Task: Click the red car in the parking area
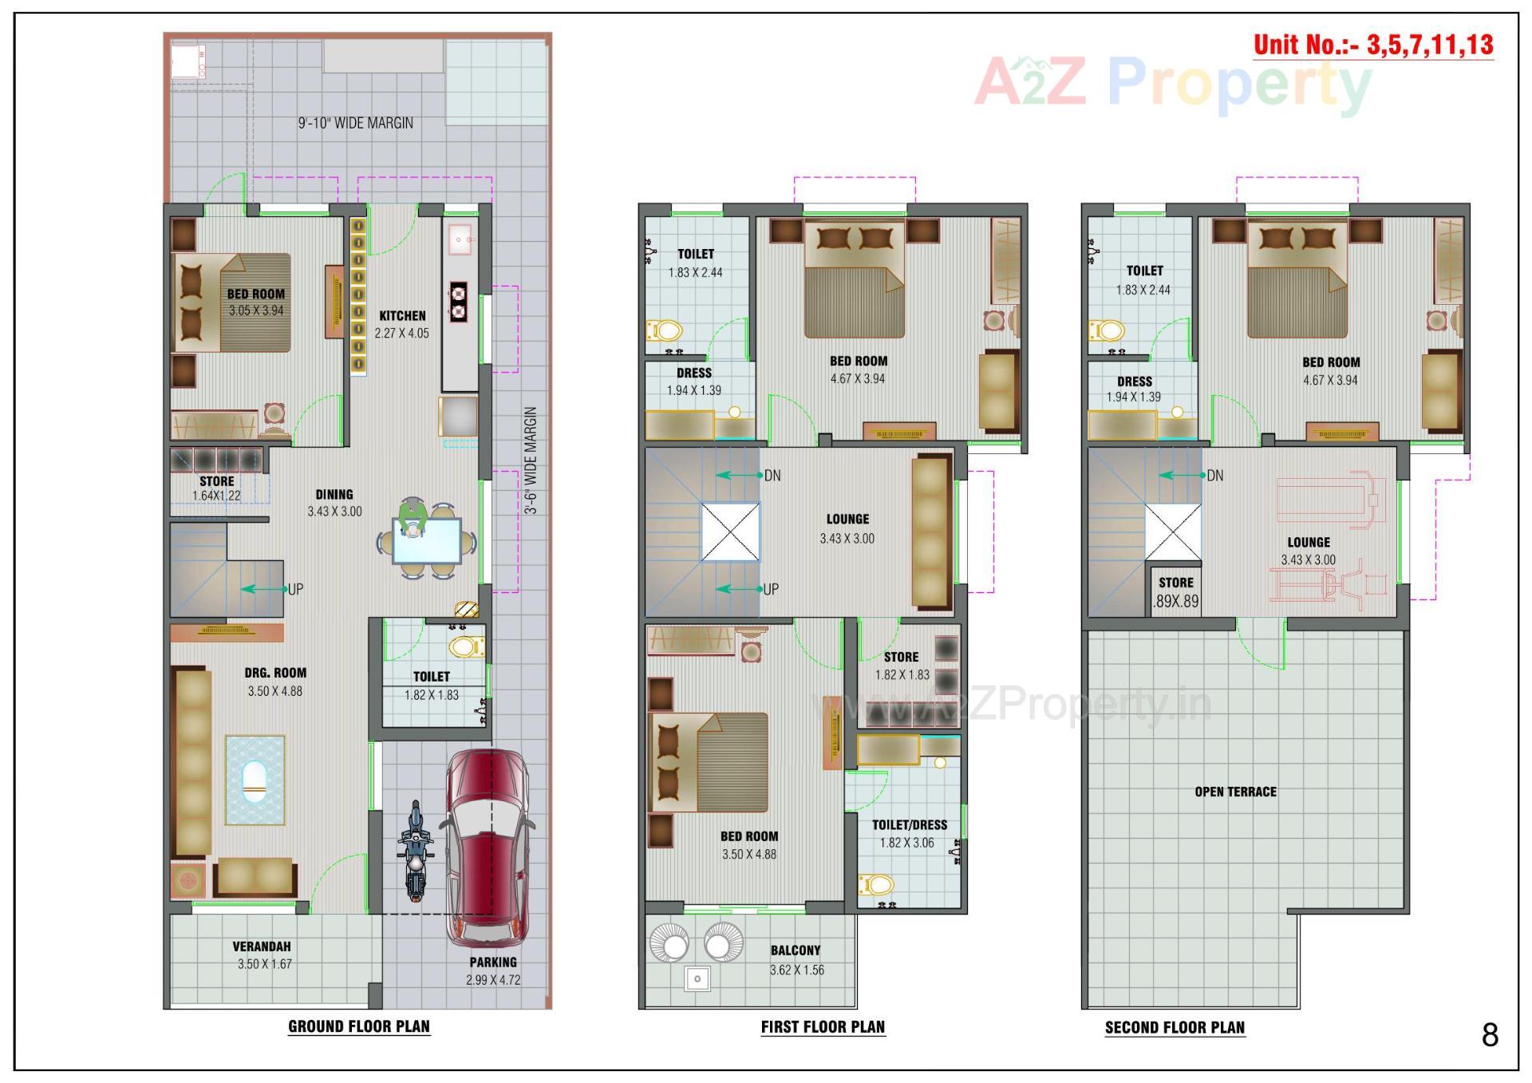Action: click(x=487, y=846)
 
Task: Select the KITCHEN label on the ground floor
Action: click(x=402, y=316)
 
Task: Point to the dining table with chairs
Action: click(x=427, y=540)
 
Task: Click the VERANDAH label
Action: click(x=262, y=947)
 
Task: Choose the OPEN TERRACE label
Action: click(x=1235, y=792)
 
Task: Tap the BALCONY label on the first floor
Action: click(x=796, y=951)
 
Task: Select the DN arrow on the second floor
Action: click(x=1182, y=476)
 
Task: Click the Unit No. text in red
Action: click(x=1372, y=45)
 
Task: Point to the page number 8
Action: click(x=1490, y=1035)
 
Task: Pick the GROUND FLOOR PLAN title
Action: click(x=359, y=1026)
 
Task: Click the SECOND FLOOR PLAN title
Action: click(x=1175, y=1027)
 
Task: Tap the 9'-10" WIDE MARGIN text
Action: click(x=356, y=123)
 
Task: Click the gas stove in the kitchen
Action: click(x=458, y=302)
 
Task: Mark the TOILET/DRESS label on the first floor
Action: click(x=910, y=825)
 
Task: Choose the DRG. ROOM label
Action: click(x=275, y=673)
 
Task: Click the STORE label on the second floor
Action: click(x=1176, y=583)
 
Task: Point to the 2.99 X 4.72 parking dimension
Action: click(x=493, y=980)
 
